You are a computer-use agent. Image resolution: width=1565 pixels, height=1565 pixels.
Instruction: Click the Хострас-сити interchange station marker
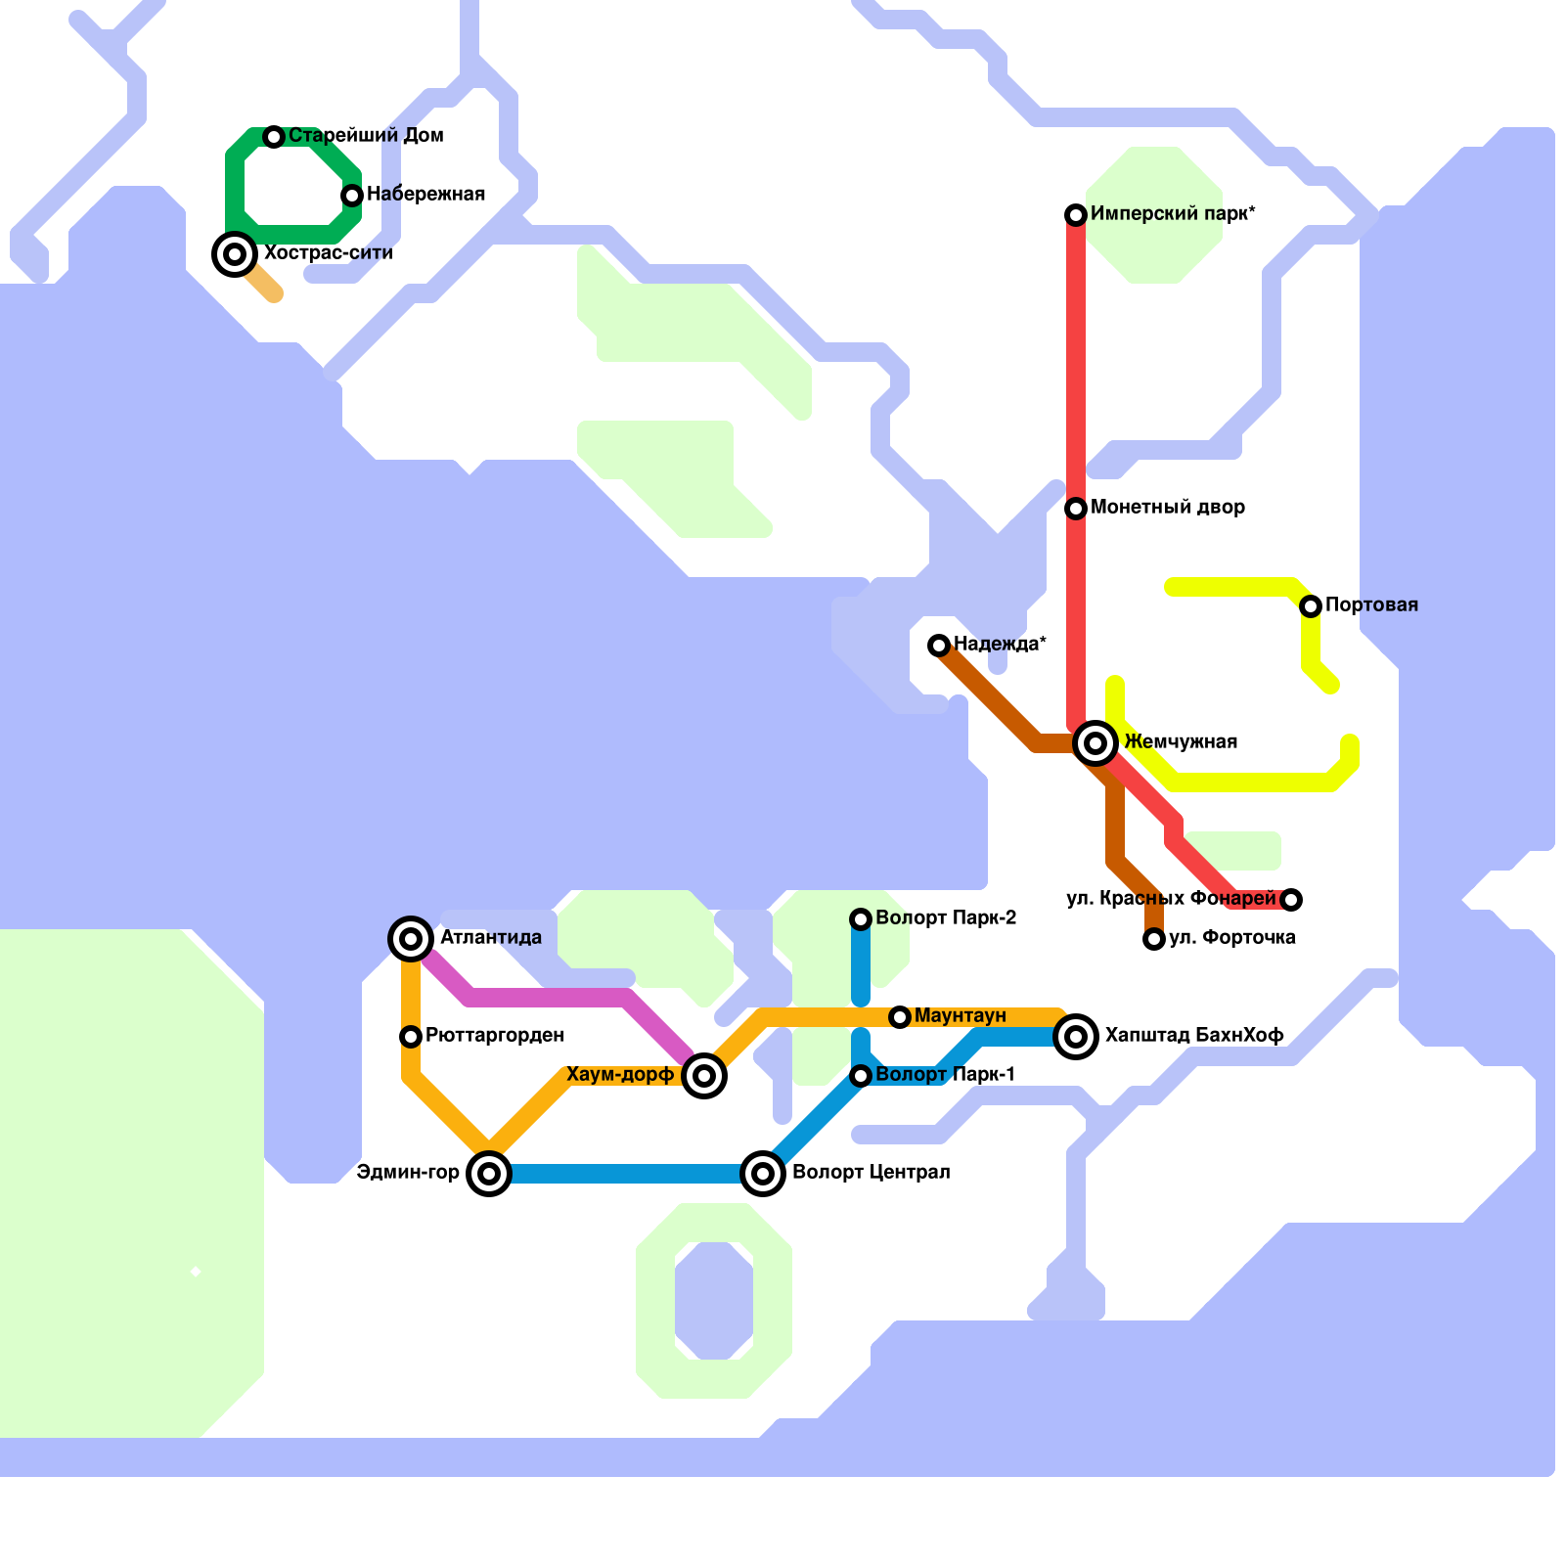coord(235,254)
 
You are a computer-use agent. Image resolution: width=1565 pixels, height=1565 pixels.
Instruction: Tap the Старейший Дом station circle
coord(275,137)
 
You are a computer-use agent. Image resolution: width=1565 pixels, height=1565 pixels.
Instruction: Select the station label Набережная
coord(425,195)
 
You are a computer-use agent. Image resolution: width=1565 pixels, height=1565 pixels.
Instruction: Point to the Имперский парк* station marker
coord(1076,215)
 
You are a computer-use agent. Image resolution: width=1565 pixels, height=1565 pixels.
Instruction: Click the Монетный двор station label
coord(1167,508)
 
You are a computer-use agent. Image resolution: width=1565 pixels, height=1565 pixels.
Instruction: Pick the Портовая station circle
coord(1311,606)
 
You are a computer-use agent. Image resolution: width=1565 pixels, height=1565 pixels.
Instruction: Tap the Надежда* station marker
coord(939,646)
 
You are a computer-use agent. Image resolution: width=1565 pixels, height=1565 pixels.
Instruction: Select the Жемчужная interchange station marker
coord(1095,743)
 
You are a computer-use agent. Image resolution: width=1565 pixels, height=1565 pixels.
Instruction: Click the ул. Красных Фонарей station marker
coord(1291,900)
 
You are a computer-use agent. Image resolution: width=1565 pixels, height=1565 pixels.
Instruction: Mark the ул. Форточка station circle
coord(1154,939)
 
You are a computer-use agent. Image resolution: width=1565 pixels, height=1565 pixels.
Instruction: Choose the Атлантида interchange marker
coord(411,939)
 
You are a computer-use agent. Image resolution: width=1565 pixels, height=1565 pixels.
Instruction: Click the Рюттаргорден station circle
coord(411,1037)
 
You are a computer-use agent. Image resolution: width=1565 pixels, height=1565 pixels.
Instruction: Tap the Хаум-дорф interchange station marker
coord(704,1076)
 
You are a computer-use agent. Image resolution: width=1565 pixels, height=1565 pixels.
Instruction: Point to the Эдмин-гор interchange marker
coord(489,1174)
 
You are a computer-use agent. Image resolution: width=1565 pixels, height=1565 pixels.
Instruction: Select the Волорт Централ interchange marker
coord(763,1174)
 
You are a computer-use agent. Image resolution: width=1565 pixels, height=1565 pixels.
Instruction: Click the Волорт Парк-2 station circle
coord(861,919)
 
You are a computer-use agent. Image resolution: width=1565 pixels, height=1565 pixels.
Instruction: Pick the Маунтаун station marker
coord(900,1017)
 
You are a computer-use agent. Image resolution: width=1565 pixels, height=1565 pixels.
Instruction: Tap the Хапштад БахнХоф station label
coord(1193,1036)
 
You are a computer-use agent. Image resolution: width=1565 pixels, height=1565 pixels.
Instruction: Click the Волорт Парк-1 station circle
coord(861,1076)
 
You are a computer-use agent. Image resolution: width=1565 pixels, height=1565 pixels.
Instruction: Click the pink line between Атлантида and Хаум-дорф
coord(548,998)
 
